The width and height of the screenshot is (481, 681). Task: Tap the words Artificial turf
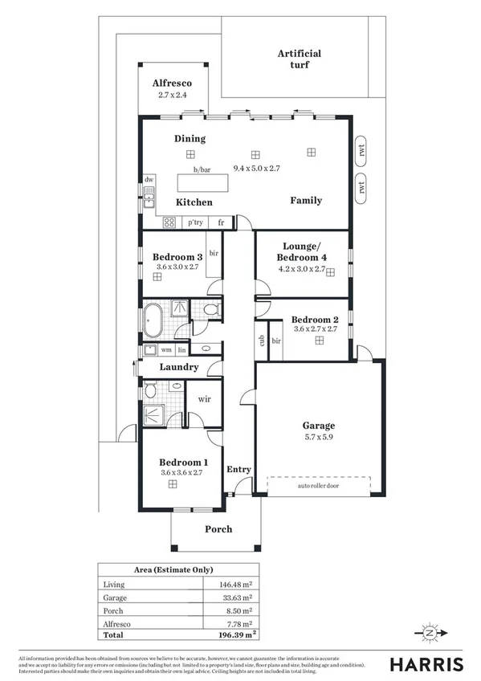[300, 59]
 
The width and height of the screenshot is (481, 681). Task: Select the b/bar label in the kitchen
[201, 169]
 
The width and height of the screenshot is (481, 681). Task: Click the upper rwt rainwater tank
[362, 149]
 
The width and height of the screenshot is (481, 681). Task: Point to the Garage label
[318, 426]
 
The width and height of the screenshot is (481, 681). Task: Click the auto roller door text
[319, 487]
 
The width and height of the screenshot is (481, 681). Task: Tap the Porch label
[218, 528]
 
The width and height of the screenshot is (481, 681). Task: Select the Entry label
[238, 470]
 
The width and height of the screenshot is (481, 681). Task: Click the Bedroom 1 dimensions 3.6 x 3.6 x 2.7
[184, 473]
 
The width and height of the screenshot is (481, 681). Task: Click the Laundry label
[178, 367]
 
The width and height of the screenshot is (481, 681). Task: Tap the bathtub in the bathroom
[153, 320]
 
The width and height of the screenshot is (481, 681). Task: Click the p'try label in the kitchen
[195, 223]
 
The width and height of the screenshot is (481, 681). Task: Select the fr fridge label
[221, 223]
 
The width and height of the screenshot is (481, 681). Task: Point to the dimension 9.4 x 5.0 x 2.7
[256, 169]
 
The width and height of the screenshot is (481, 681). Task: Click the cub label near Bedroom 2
[261, 340]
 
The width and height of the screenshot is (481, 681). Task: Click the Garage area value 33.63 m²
[238, 598]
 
